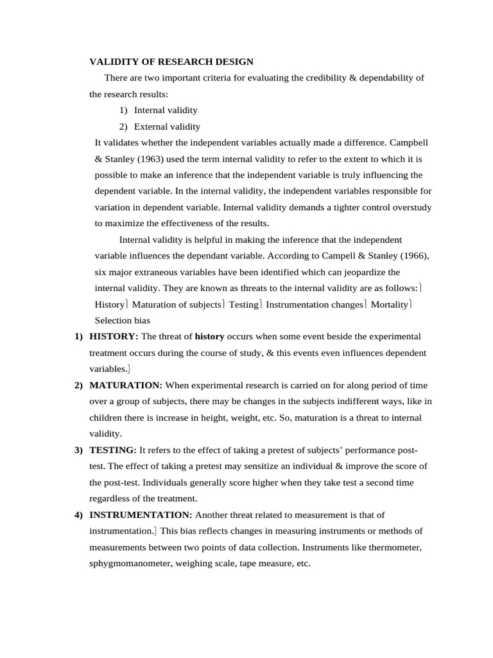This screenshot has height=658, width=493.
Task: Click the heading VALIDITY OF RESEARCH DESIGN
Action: click(x=171, y=62)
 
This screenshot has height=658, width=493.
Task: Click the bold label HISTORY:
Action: click(x=114, y=337)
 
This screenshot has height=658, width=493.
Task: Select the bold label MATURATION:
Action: click(x=126, y=385)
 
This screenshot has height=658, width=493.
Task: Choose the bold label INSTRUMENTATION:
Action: click(x=141, y=515)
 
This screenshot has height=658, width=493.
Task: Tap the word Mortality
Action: click(x=389, y=304)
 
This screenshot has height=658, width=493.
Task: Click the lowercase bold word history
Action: click(x=209, y=337)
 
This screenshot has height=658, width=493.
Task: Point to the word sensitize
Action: click(x=276, y=466)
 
